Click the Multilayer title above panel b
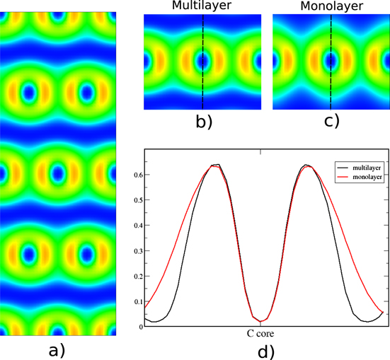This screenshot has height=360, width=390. coord(201,6)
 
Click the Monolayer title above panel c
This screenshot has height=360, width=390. coord(331,6)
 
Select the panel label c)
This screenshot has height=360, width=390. coord(331,121)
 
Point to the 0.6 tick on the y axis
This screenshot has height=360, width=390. coord(135,174)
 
